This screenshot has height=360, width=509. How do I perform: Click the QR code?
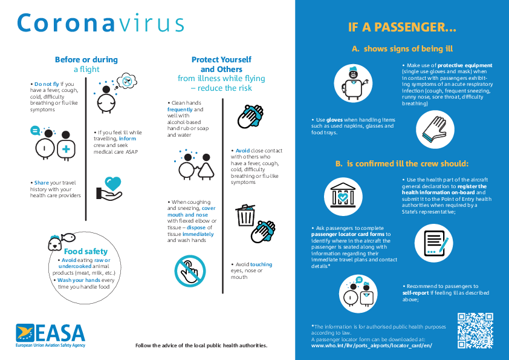(475, 330)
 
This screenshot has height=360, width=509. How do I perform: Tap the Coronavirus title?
(100, 23)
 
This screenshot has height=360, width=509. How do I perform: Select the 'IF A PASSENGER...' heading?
(402, 27)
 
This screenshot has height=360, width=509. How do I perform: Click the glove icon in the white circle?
(435, 128)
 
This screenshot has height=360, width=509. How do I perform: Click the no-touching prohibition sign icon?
(190, 270)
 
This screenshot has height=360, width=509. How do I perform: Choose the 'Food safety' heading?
(86, 251)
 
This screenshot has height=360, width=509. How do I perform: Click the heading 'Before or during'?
(86, 59)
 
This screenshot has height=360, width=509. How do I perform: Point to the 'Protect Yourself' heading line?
(221, 59)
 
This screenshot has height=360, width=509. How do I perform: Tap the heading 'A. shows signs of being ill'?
(403, 49)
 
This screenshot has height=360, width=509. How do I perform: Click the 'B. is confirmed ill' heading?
(402, 163)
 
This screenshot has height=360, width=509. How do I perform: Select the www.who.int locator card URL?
(372, 345)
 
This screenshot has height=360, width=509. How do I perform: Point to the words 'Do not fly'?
(47, 83)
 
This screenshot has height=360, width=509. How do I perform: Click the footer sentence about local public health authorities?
(201, 345)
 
